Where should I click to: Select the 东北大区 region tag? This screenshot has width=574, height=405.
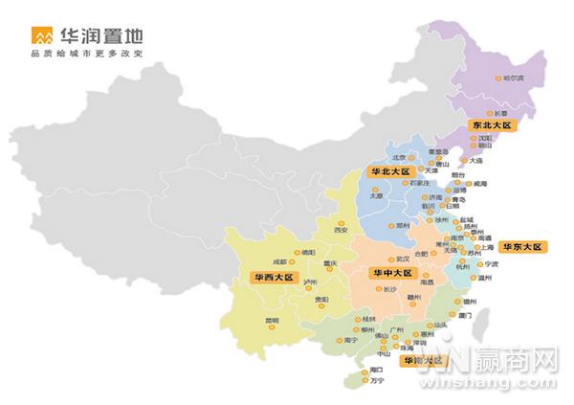pos(492,125)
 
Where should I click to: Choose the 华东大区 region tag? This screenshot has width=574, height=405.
pos(522,246)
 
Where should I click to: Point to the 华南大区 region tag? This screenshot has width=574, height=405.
pos(422,361)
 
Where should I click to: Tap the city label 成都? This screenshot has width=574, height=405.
pos(278,260)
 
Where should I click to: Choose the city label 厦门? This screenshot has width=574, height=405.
pos(466,314)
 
